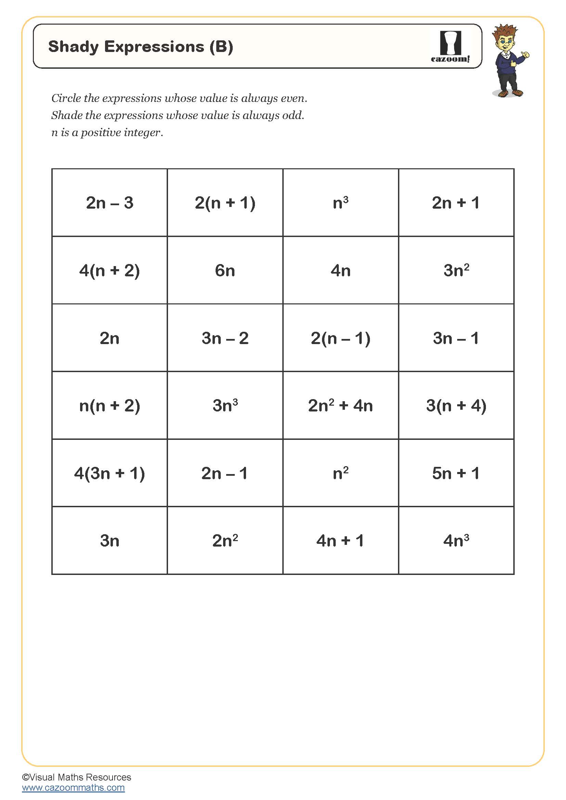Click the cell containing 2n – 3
point(110,203)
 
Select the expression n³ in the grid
point(340,203)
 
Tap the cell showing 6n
point(225,271)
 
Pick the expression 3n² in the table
point(456,271)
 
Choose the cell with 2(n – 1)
point(340,338)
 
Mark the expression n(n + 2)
point(110,406)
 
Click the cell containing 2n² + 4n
point(340,406)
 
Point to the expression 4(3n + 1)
point(110,473)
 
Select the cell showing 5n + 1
point(456,473)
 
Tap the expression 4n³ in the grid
point(456,541)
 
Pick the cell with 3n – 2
point(225,338)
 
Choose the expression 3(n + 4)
point(456,406)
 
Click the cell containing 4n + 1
point(340,541)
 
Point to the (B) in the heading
point(221,47)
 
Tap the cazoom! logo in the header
point(450,47)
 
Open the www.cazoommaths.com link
point(73,787)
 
